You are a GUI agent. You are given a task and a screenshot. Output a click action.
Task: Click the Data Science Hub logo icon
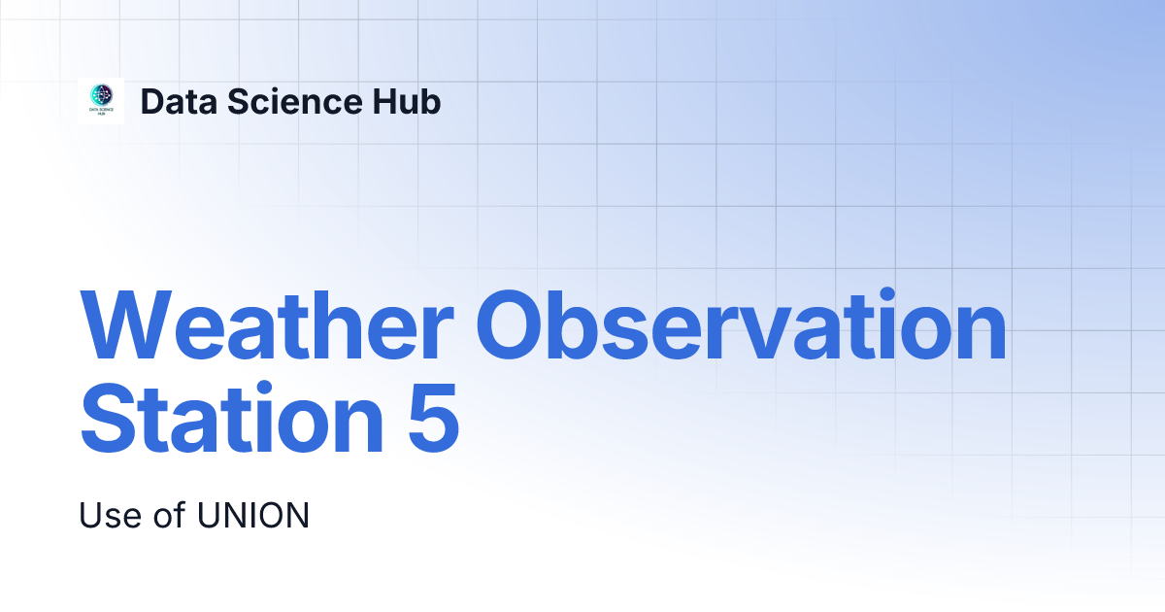101,101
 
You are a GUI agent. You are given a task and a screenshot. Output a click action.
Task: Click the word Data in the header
179,101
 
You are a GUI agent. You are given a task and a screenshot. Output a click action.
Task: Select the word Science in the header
294,101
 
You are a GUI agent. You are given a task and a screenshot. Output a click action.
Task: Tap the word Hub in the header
406,101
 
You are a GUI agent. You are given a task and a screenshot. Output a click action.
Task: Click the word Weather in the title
267,325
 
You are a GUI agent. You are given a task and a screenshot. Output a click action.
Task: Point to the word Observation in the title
741,324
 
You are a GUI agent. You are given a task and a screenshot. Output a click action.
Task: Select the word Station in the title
231,418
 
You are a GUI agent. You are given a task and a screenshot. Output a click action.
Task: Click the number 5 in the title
434,418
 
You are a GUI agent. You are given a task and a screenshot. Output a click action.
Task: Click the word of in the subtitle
169,515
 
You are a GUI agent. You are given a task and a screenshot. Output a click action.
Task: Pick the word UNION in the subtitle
253,515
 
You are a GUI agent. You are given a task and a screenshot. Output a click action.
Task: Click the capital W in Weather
126,325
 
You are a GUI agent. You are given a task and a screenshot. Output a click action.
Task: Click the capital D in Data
153,101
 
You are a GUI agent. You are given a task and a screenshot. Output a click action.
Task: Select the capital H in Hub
384,101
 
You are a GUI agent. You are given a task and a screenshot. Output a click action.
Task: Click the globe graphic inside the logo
101,95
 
